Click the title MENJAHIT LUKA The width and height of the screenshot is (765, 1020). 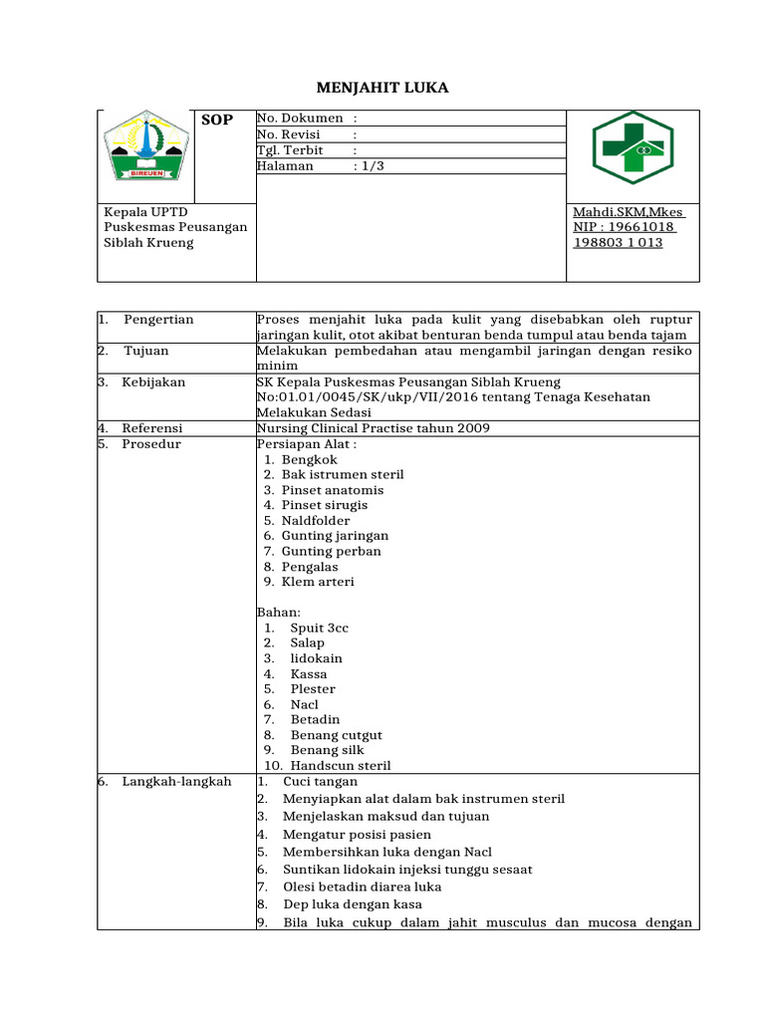pos(382,88)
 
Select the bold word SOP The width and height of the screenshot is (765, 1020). pos(217,120)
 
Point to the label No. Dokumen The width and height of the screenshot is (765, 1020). pos(300,119)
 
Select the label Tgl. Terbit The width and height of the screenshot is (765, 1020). pos(290,150)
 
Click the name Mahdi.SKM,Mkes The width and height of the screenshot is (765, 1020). pos(629,212)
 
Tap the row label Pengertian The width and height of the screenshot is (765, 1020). pos(158,320)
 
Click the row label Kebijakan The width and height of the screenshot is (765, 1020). pos(153,382)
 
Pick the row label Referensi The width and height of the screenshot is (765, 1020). pos(152,428)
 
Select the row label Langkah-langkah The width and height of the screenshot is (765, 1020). pos(176,781)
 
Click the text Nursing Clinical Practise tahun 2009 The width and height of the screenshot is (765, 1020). pos(373,428)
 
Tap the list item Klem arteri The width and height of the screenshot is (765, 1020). pos(317,582)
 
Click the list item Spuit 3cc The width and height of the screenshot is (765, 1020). pos(319,628)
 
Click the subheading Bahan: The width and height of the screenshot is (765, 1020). pos(279,612)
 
